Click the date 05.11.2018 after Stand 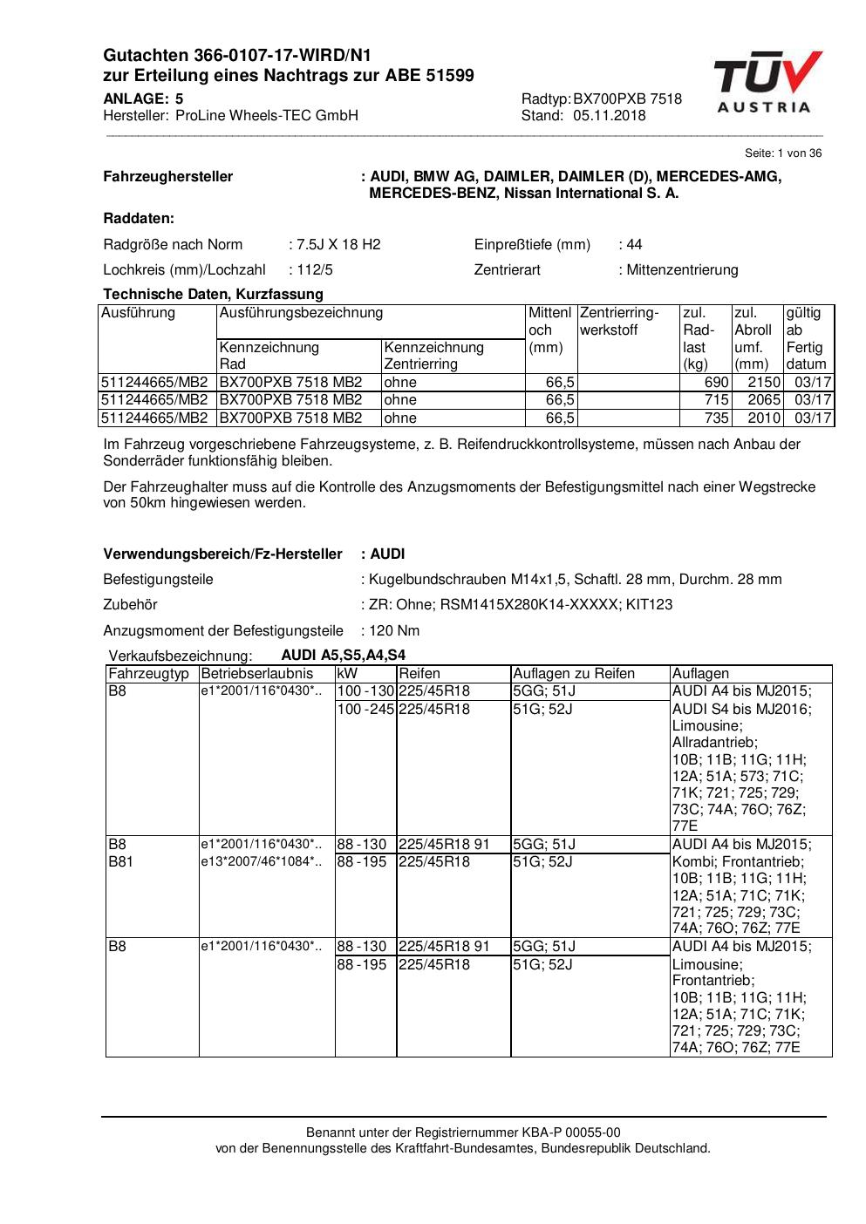tap(610, 116)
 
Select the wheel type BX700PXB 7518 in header tap(627, 99)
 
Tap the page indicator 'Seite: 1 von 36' tap(782, 153)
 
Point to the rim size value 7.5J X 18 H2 tap(338, 245)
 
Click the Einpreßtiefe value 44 tap(634, 245)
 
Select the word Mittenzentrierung tap(682, 270)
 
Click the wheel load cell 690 tap(716, 383)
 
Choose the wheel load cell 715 tap(716, 400)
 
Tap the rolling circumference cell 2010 tap(763, 418)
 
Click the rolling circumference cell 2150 tap(763, 383)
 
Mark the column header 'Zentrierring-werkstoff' tap(618, 322)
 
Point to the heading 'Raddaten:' tap(139, 219)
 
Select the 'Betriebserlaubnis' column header tap(256, 674)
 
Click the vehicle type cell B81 tap(120, 862)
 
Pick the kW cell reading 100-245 tap(365, 710)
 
